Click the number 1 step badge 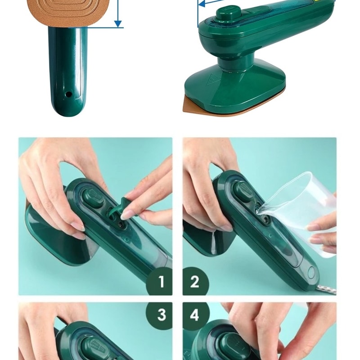tap(160, 282)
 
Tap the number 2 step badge tap(195, 282)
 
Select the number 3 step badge tap(160, 315)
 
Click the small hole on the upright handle tap(68, 94)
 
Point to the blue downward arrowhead tap(118, 24)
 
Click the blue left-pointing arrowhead tap(202, 4)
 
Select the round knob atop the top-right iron tap(229, 13)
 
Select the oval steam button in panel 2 tap(243, 191)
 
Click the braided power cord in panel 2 tap(329, 290)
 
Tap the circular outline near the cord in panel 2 tap(311, 272)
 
